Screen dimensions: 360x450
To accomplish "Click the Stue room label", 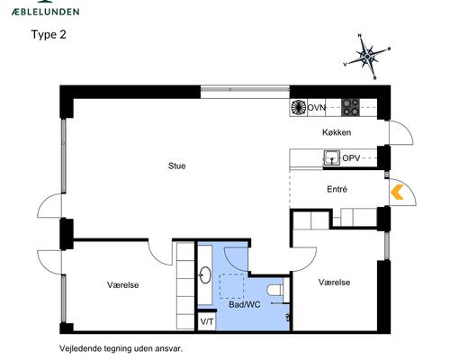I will [177, 166].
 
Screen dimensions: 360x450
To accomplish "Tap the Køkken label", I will [337, 132].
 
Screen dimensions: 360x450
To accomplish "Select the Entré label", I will [337, 190].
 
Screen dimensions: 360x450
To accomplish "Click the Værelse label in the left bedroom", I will [123, 284].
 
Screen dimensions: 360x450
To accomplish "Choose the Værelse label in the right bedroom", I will [333, 282].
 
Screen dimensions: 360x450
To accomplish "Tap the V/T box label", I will [206, 321].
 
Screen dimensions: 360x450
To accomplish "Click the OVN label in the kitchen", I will [317, 107].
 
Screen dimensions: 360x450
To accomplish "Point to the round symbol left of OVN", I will [298, 107].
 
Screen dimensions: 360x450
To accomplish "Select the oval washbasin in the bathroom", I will [206, 276].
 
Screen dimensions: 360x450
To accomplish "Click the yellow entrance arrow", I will [396, 191].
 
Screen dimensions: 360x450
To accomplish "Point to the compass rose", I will [366, 56].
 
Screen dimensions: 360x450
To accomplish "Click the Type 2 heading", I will [49, 35].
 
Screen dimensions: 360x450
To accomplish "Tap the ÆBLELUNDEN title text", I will [45, 12].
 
